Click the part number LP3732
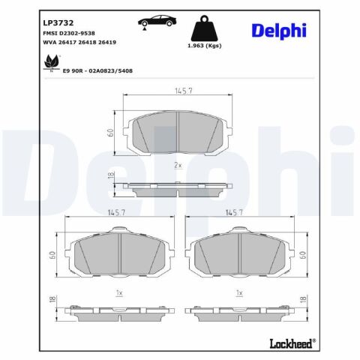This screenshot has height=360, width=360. (x=58, y=23)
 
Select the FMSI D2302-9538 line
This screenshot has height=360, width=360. (x=69, y=33)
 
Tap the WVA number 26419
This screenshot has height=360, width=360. (x=107, y=42)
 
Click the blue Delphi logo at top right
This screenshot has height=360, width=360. (x=279, y=31)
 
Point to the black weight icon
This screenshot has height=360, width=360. (x=204, y=28)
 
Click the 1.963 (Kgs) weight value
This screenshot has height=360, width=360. (x=205, y=46)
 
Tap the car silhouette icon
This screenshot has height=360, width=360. (x=157, y=21)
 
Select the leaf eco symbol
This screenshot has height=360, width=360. (x=52, y=62)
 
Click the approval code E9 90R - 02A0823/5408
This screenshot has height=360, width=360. (x=97, y=71)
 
